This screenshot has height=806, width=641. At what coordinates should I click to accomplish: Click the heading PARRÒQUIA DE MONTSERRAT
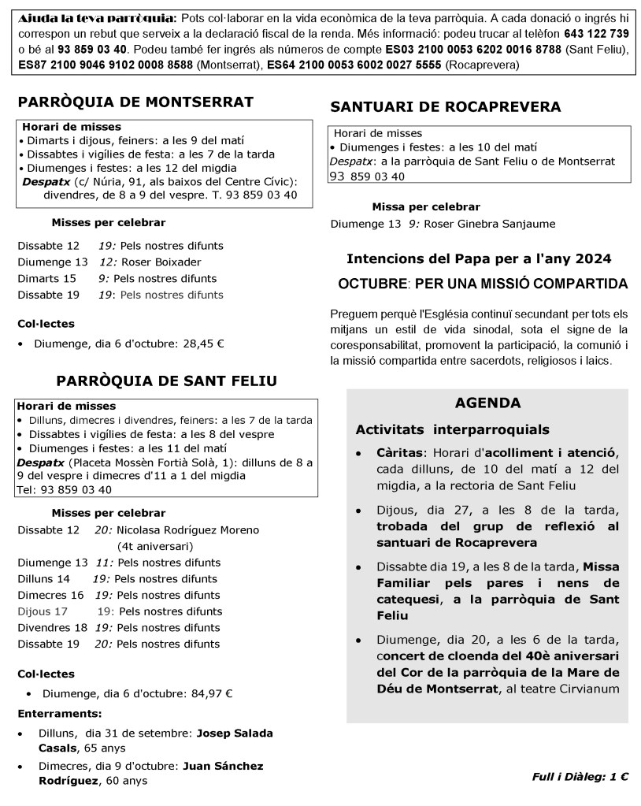(x=135, y=102)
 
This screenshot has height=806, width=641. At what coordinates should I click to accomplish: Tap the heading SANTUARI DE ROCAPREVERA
(x=446, y=106)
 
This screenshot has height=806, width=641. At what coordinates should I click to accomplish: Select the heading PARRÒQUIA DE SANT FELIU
(x=167, y=381)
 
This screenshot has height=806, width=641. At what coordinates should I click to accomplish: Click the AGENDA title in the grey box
(x=487, y=403)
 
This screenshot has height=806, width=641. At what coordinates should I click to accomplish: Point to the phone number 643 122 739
(x=596, y=34)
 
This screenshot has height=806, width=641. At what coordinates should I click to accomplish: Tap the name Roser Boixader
(x=162, y=262)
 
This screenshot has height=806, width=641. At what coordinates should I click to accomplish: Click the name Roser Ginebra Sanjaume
(x=489, y=224)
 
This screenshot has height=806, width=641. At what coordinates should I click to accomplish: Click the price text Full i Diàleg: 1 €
(x=580, y=777)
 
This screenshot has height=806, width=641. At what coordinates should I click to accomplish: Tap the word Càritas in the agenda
(x=401, y=454)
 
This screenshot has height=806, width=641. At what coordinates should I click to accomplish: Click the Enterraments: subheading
(x=60, y=714)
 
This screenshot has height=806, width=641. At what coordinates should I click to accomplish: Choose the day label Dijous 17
(x=43, y=611)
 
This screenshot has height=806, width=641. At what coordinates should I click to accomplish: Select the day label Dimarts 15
(x=46, y=278)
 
